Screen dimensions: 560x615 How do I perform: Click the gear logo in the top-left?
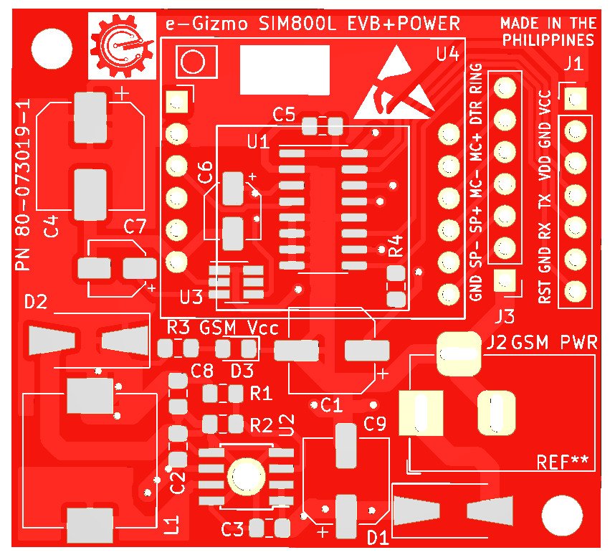click(121, 47)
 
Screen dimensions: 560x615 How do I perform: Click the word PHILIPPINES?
click(548, 39)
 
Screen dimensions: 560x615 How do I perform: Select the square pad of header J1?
click(573, 98)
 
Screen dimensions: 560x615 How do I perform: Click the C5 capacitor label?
click(284, 114)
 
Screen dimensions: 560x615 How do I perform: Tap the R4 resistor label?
click(396, 245)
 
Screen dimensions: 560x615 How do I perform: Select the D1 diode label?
click(378, 537)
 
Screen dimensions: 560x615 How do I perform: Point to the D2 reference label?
click(36, 303)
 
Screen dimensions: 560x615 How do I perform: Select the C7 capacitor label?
click(135, 227)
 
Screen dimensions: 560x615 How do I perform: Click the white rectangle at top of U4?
click(285, 69)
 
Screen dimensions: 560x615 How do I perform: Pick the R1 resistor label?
click(261, 393)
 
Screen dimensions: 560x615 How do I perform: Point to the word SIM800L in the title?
click(295, 24)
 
